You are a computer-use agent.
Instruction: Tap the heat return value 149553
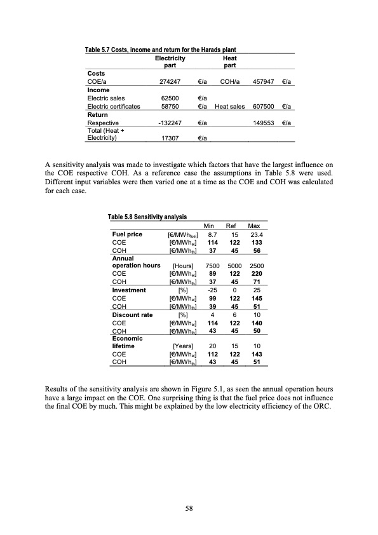pos(264,123)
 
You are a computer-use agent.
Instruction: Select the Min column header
pos(209,226)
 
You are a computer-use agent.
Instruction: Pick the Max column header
pos(255,226)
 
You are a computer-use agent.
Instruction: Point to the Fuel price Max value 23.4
pos(255,234)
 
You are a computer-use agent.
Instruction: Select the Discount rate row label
pos(132,314)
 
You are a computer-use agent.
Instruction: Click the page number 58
pos(189,508)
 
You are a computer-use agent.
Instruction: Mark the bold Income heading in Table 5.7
pos(98,90)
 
